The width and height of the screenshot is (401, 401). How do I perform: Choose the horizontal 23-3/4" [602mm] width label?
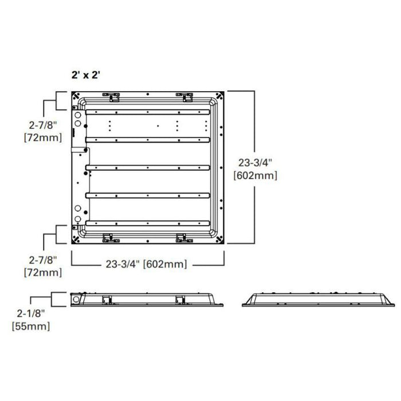click(x=147, y=264)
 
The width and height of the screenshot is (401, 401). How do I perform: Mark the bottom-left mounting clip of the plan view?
click(x=107, y=237)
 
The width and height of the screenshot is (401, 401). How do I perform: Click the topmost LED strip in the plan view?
click(x=147, y=111)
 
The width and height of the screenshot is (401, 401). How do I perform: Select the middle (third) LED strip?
click(x=147, y=167)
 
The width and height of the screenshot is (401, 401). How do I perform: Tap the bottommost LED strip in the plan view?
click(x=147, y=222)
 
